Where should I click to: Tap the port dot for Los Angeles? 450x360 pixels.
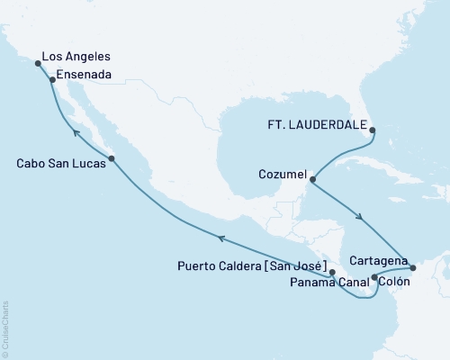38,64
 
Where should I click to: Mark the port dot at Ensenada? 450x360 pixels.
52,80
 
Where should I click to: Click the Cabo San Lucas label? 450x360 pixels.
58,163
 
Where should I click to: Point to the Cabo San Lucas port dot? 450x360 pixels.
112,159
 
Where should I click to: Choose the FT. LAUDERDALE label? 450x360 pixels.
320,126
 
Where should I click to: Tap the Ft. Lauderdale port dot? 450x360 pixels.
374,130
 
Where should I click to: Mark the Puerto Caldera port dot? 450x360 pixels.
332,271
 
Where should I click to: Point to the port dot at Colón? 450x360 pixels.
374,278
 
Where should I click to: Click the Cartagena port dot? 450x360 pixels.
413,267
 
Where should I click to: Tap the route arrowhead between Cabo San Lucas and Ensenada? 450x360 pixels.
76,133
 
